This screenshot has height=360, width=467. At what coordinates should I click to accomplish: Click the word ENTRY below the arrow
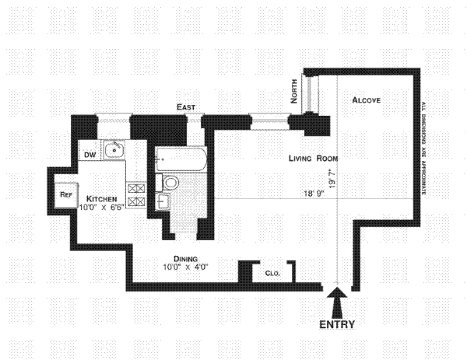coord(337,325)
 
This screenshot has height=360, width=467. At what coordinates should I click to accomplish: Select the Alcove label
coord(366,101)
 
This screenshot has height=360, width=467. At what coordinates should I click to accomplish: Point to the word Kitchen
coord(101,198)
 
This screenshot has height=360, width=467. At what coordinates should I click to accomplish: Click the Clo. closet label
coord(272,273)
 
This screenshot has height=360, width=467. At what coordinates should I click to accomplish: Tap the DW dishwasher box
coord(90,155)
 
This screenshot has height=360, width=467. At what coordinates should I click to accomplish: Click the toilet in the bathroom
coord(169,183)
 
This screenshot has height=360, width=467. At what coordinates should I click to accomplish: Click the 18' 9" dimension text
coord(315,194)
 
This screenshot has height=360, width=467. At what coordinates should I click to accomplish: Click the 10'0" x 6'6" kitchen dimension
coord(101,207)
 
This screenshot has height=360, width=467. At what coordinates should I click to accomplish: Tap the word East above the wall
coord(185,107)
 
